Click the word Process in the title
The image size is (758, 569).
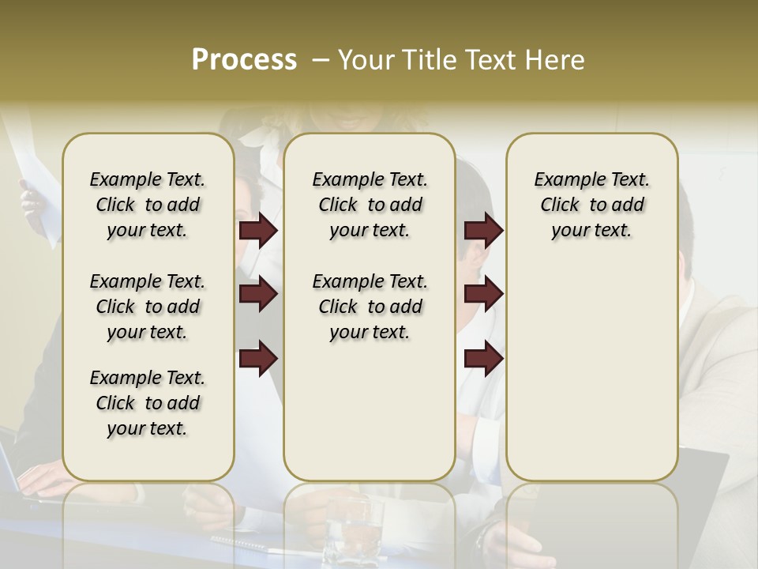click(x=244, y=60)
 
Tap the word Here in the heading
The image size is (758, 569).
click(x=556, y=60)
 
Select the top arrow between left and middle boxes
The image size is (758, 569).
click(x=258, y=231)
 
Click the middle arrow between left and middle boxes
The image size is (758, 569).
click(x=258, y=294)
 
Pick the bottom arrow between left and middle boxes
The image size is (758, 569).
click(x=258, y=358)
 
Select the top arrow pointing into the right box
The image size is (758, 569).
click(x=483, y=231)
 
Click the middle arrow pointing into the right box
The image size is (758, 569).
click(x=483, y=294)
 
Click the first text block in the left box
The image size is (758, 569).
click(x=148, y=205)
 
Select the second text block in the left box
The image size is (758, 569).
click(x=148, y=307)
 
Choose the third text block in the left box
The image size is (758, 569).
click(x=148, y=403)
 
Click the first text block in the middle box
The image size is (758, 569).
click(x=370, y=205)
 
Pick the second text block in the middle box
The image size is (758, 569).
click(x=370, y=307)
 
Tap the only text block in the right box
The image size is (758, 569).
click(x=591, y=205)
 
